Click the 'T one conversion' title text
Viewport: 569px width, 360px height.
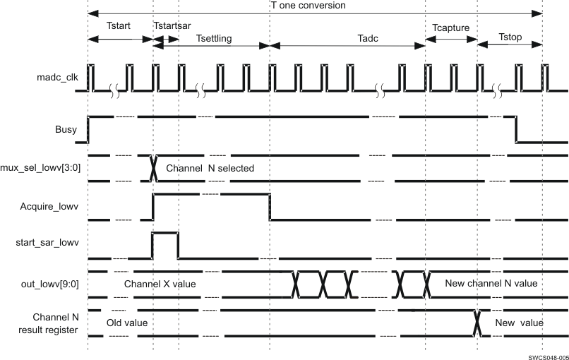point(309,6)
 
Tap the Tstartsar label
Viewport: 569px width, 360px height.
point(172,25)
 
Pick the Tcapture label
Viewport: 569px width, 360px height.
point(450,28)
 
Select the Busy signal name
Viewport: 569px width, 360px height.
point(66,130)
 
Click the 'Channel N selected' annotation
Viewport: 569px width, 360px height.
point(210,169)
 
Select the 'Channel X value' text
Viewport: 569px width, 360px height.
point(160,284)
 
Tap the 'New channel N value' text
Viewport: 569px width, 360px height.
point(491,283)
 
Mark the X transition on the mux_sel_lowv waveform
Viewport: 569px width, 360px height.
point(153,168)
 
